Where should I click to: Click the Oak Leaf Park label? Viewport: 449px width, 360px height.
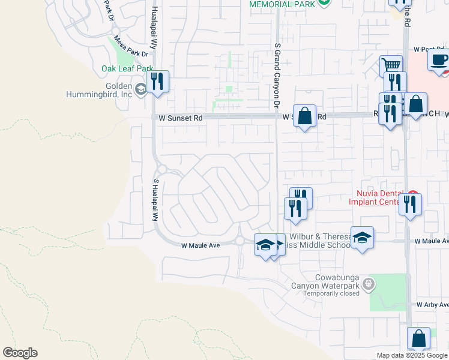tap(127, 69)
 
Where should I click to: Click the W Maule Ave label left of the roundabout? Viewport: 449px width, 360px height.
tap(200, 245)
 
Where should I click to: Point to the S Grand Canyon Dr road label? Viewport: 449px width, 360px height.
tap(277, 74)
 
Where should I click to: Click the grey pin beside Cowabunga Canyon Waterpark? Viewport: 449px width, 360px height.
tap(369, 283)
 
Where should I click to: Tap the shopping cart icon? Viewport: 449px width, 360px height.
tap(391, 65)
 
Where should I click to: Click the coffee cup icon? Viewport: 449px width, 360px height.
tap(439, 60)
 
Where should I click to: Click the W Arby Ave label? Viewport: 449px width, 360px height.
tap(432, 305)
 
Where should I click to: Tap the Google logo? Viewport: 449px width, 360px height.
tap(20, 353)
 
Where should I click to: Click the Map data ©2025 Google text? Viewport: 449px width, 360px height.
tap(411, 355)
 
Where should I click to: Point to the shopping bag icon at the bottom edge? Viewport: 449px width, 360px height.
tap(418, 338)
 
